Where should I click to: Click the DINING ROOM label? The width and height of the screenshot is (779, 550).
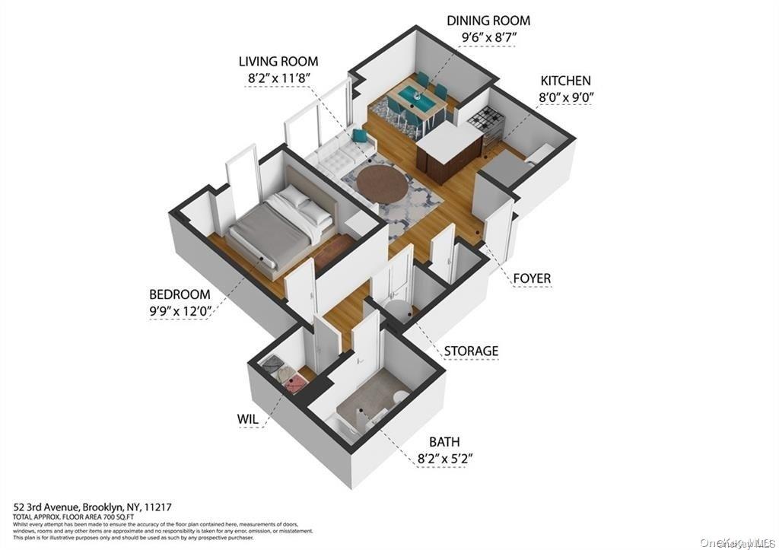click(488, 21)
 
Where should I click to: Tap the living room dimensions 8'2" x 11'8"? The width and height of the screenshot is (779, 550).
click(278, 78)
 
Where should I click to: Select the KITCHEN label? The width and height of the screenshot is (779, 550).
click(565, 81)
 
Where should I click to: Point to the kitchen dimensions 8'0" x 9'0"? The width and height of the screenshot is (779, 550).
click(565, 97)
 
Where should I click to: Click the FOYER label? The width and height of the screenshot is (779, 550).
click(532, 278)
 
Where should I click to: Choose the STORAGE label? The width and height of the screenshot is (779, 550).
click(472, 351)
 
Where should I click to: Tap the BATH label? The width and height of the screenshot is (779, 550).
click(444, 441)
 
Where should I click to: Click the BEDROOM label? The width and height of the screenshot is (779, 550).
click(180, 294)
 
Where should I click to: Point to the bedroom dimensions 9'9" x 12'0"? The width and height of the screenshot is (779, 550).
click(180, 310)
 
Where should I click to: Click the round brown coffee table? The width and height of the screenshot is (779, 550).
click(383, 184)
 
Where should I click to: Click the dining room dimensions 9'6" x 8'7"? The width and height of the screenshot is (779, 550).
click(488, 37)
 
